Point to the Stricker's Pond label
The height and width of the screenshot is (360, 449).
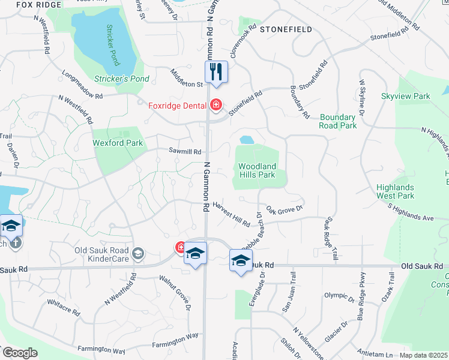(x=122, y=79)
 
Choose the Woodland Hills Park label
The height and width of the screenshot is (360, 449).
(x=257, y=170)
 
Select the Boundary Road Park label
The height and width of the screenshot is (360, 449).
(x=339, y=121)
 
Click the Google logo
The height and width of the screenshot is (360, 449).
(x=19, y=352)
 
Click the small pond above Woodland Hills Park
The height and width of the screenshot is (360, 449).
(x=246, y=140)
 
